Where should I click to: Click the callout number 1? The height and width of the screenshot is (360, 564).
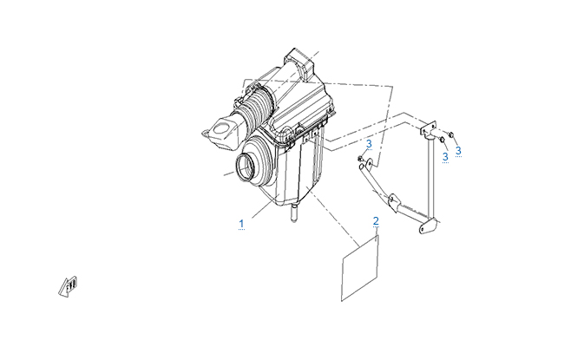coord(241,224)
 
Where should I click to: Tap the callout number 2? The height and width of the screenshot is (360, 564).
coord(376,221)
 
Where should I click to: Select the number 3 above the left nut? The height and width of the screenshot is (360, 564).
coord(369,144)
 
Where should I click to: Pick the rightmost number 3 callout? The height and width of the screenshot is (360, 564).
coord(458,151)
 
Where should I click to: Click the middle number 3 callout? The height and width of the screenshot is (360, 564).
coord(445,157)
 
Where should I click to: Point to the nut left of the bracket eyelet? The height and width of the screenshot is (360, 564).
coord(360,158)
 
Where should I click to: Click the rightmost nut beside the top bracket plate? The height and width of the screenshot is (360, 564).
coord(452,134)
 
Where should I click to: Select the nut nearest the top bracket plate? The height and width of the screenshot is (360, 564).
coord(442,139)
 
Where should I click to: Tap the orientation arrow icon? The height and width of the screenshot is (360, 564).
coord(69,286)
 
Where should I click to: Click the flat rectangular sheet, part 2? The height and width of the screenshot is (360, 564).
coord(360,268)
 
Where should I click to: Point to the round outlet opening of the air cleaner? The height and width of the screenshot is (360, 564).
coord(247,168)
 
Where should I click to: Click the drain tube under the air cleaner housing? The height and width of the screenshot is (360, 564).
coord(294,213)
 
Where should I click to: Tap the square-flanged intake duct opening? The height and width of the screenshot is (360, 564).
coord(220,133)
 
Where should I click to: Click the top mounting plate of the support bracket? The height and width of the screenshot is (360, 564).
coord(428,128)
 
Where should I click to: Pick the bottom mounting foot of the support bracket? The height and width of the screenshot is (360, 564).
coord(429,226)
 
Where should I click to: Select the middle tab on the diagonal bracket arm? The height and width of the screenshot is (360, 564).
coord(395,202)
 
